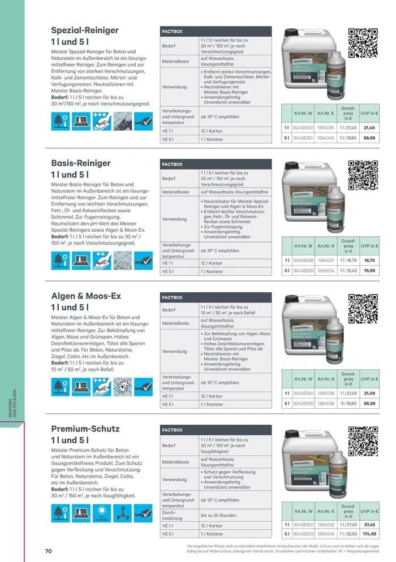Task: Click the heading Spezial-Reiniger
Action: pos(85,30)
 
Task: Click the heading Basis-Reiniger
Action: pos(81,163)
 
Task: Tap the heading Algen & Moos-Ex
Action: pos(86,296)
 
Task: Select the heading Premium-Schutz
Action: pos(85,429)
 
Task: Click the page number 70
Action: pos(49,551)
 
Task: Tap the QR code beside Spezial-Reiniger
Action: pos(362,43)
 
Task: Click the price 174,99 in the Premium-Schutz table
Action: pos(369,534)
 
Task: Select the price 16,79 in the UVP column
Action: pos(369,261)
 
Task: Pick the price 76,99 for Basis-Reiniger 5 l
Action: pos(369,271)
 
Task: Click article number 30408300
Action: pos(303,128)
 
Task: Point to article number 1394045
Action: pos(325,534)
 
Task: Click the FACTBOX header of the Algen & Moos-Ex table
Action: pos(173,297)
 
